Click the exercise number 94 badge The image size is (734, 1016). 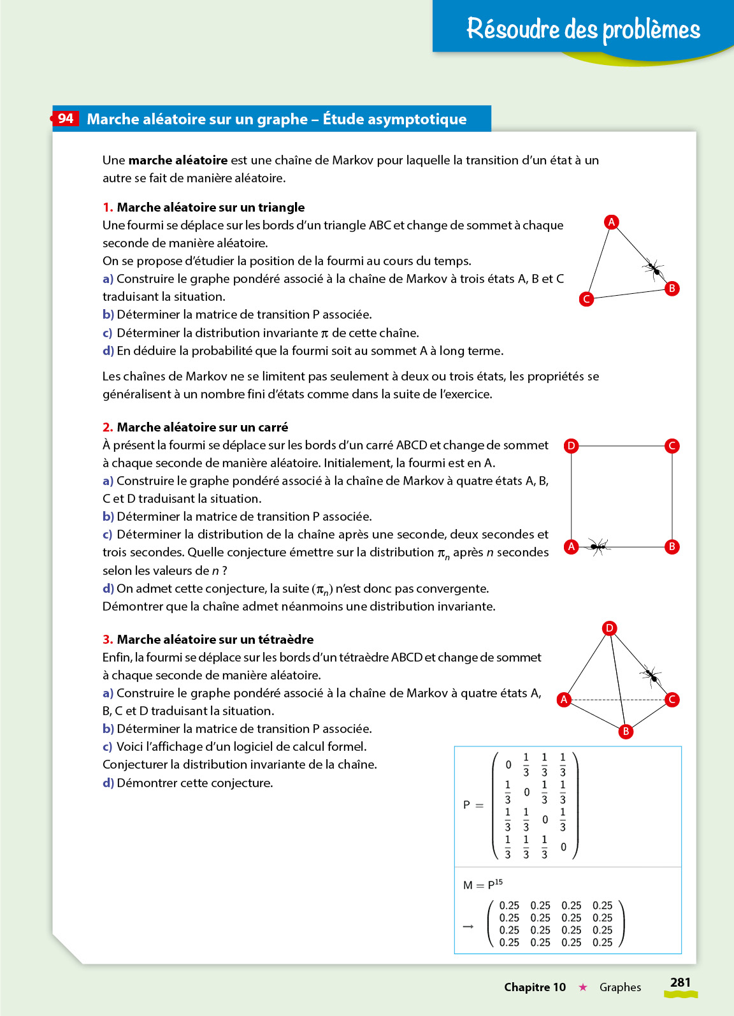[66, 119]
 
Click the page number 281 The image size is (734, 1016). [680, 982]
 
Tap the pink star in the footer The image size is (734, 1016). [582, 987]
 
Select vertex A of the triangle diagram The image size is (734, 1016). [612, 222]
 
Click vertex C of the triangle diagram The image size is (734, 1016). [586, 299]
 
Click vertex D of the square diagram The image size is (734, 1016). [572, 446]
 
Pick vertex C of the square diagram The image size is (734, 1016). [672, 446]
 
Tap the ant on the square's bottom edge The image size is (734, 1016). [598, 546]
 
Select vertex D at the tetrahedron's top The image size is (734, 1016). [610, 628]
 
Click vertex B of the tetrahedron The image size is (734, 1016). [626, 731]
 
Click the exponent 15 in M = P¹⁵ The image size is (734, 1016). [498, 882]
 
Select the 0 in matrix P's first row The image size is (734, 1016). [508, 765]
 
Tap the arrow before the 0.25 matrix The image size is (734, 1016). [468, 926]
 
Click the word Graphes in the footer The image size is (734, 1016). [620, 987]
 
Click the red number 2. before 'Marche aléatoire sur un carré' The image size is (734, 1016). [108, 427]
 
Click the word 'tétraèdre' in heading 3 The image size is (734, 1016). [285, 639]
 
